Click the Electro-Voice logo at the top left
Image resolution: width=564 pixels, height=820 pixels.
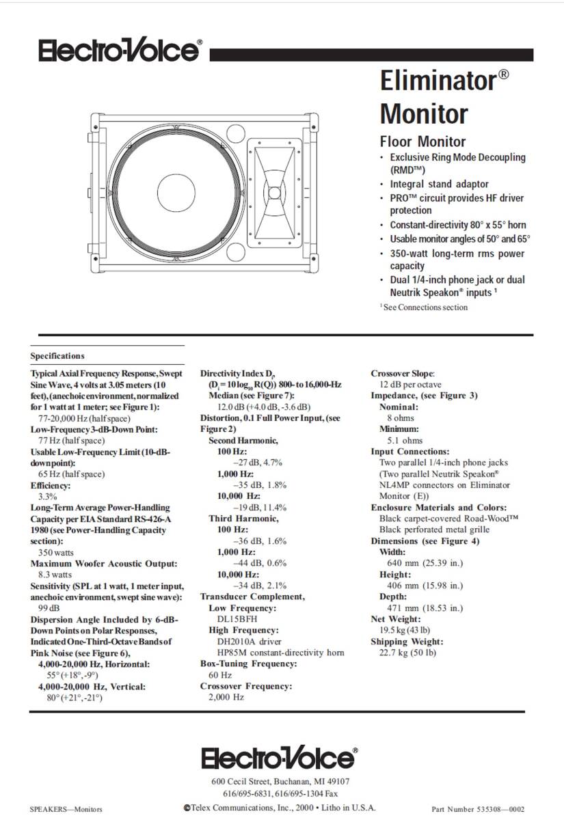[x=120, y=51]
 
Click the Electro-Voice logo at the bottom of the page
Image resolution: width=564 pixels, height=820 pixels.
[x=278, y=758]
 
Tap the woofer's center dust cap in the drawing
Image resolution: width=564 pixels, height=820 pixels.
[x=180, y=189]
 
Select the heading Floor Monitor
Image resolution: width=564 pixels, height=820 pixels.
[x=422, y=141]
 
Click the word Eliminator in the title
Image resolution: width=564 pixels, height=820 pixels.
[x=438, y=81]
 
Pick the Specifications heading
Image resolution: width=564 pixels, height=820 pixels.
[x=57, y=356]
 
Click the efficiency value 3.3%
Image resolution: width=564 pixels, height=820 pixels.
[x=47, y=496]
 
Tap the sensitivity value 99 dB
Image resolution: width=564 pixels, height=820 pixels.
[x=49, y=608]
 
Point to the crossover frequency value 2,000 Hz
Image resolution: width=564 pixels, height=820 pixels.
[x=226, y=697]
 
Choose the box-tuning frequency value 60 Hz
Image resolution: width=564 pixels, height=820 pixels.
[x=220, y=674]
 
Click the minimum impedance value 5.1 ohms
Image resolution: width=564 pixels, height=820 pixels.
[x=405, y=441]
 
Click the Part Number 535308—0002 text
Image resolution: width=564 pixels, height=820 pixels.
[x=478, y=808]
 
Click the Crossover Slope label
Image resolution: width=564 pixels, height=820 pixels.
[x=402, y=374]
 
